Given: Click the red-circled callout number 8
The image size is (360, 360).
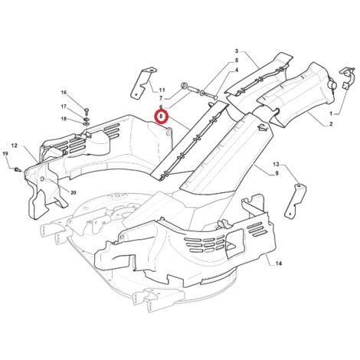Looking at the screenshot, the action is (x=161, y=116).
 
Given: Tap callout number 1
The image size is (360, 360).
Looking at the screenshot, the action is (x=331, y=113).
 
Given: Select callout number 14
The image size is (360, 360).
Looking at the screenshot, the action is (x=279, y=263).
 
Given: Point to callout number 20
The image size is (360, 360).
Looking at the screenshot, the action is (x=74, y=193).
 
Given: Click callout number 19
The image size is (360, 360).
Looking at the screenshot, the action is (x=5, y=153).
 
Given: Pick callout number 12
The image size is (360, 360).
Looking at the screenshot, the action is (x=15, y=146).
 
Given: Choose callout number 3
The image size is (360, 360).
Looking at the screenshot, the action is (x=237, y=51).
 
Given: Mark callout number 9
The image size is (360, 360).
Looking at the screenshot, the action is (x=277, y=174).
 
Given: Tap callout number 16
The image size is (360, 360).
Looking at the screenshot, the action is (x=64, y=92).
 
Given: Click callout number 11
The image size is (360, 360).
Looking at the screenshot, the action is (x=162, y=90).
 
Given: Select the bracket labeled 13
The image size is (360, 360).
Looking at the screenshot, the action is (x=296, y=201).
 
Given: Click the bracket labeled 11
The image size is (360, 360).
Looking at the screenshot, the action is (x=142, y=83).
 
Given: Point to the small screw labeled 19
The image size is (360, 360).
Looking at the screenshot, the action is (x=18, y=169).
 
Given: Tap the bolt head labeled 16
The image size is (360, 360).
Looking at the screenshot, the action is (x=87, y=111).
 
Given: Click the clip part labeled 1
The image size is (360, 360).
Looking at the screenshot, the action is (x=347, y=78).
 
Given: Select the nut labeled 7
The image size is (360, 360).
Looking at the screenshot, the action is (x=183, y=86).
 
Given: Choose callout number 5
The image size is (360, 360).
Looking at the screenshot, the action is (x=237, y=61).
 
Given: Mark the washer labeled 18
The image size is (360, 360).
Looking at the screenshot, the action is (x=86, y=123).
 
